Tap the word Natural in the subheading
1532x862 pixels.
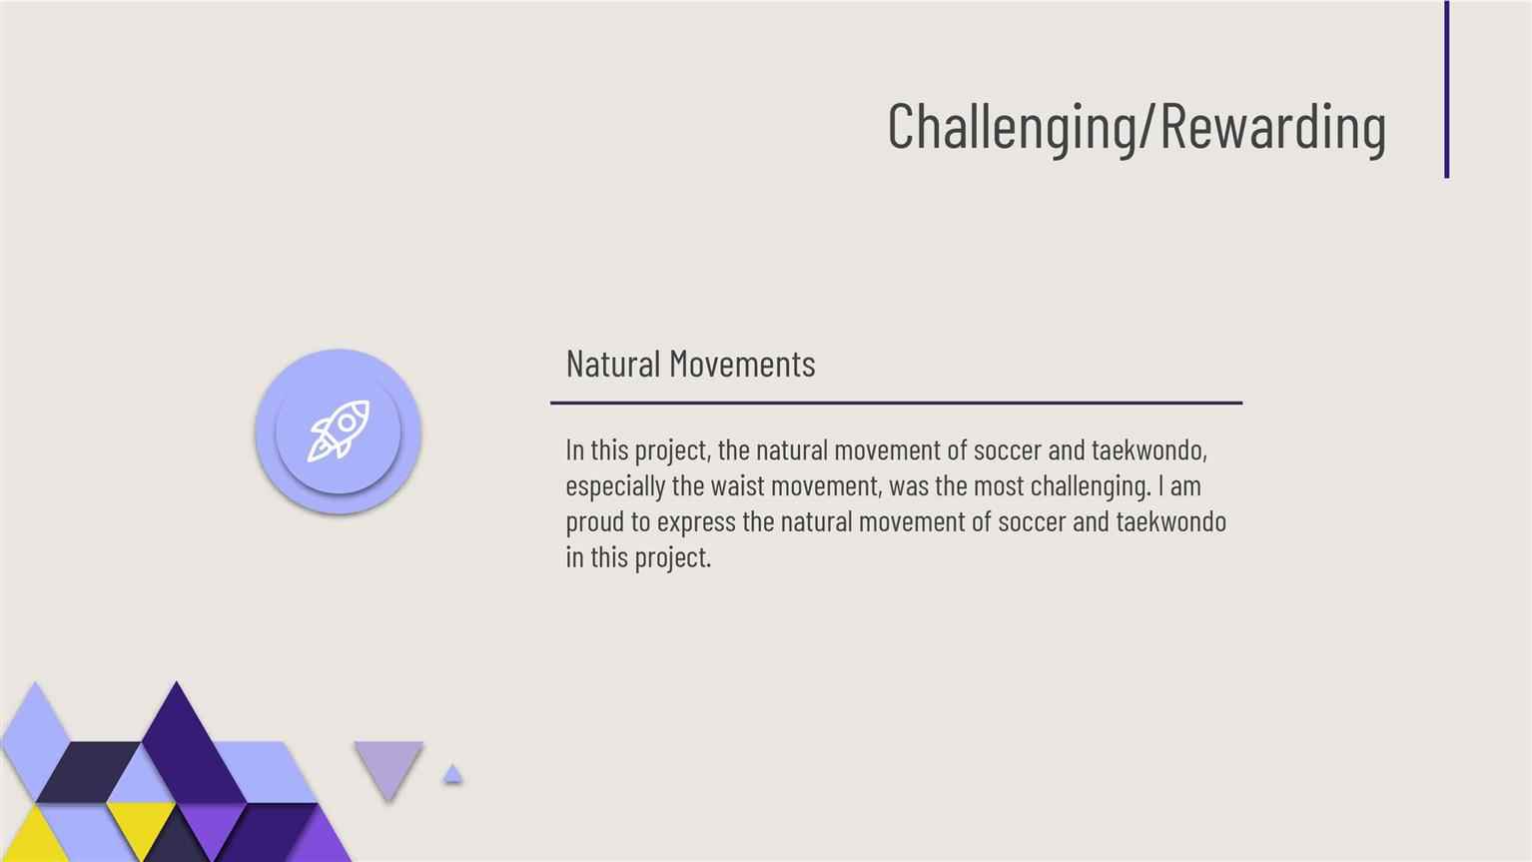pyautogui.click(x=613, y=364)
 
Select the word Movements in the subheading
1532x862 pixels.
pyautogui.click(x=743, y=364)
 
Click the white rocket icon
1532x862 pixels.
pyautogui.click(x=338, y=431)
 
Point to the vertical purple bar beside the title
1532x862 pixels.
pyautogui.click(x=1446, y=89)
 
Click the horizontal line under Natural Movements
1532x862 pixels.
pyautogui.click(x=896, y=403)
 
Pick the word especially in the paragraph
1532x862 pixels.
pyautogui.click(x=615, y=487)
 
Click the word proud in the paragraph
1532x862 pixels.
pyautogui.click(x=594, y=522)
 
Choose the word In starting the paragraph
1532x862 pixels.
pyautogui.click(x=574, y=450)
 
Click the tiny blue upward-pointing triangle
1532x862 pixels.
pyautogui.click(x=452, y=775)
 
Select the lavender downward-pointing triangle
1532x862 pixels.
pyautogui.click(x=388, y=766)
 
